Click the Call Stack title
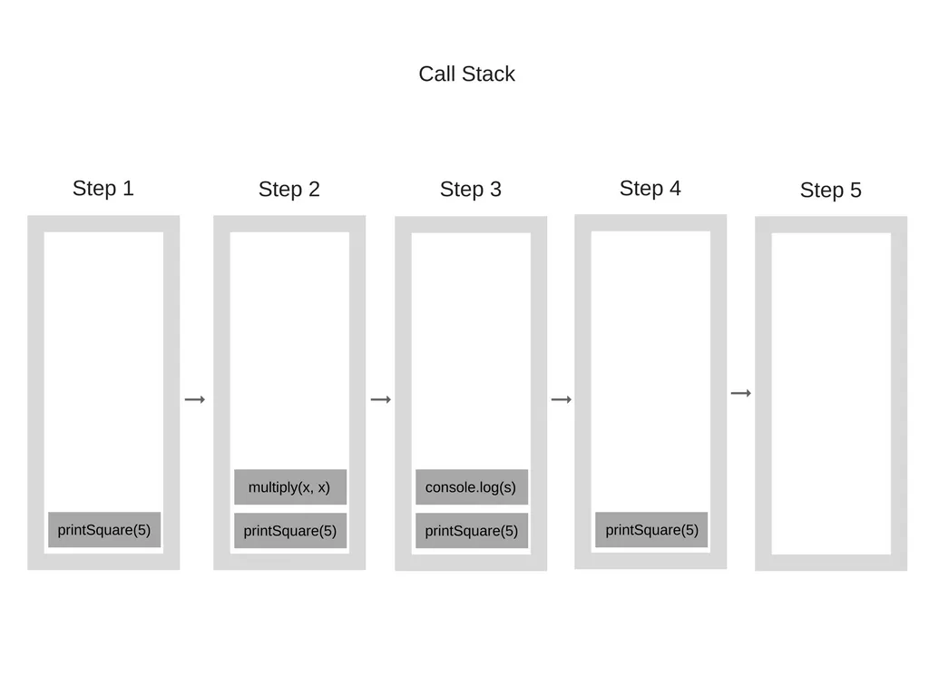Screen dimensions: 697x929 466,74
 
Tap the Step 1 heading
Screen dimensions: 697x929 103,189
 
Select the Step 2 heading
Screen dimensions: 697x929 288,190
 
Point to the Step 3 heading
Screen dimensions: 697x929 470,190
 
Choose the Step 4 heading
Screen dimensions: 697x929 650,189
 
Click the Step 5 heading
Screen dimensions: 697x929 830,191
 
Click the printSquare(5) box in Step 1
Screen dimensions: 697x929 104,530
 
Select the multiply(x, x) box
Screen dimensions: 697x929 289,487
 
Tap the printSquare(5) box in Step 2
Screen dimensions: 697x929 289,531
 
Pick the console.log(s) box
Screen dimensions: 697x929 471,487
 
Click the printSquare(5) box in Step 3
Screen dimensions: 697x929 471,531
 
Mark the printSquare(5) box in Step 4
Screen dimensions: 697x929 651,530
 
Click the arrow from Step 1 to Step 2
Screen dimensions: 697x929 195,399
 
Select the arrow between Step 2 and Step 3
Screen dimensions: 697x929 381,399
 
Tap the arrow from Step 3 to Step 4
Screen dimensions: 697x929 562,399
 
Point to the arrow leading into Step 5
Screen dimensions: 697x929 741,393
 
